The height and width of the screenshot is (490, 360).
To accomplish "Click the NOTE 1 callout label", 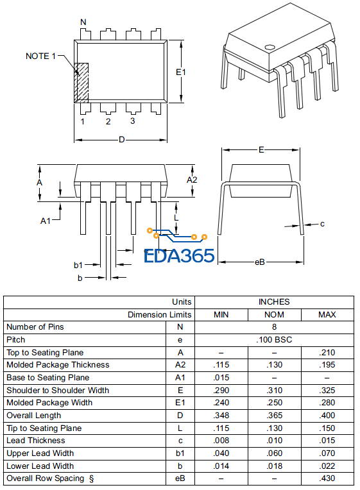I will pyautogui.click(x=40, y=56).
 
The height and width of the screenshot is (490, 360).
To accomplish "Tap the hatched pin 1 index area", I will pyautogui.click(x=81, y=83).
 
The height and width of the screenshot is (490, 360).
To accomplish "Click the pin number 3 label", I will pyautogui.click(x=133, y=121).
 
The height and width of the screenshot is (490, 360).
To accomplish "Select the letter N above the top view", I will pyautogui.click(x=83, y=22).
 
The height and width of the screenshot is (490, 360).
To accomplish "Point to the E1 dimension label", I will pyautogui.click(x=181, y=72).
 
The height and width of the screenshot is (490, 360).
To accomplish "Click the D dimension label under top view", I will pyautogui.click(x=121, y=140).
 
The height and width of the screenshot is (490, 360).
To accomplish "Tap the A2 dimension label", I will pyautogui.click(x=192, y=180).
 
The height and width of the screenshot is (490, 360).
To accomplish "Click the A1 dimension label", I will pyautogui.click(x=46, y=221).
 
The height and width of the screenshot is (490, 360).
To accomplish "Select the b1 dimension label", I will pyautogui.click(x=78, y=264).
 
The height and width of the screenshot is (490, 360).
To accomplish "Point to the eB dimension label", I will pyautogui.click(x=260, y=262).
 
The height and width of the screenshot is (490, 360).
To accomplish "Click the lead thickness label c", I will pyautogui.click(x=322, y=224).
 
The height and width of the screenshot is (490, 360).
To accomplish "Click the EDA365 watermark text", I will pyautogui.click(x=179, y=255).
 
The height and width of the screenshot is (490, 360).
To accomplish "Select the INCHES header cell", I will pyautogui.click(x=274, y=301).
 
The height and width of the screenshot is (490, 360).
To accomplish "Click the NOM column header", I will pyautogui.click(x=274, y=314).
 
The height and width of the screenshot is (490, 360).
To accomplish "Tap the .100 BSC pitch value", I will pyautogui.click(x=274, y=339).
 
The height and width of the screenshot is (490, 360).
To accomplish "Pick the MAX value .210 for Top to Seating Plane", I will pyautogui.click(x=327, y=352).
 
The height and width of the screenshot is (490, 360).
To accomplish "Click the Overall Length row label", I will pyautogui.click(x=34, y=416).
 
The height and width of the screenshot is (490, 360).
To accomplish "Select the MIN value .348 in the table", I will pyautogui.click(x=221, y=416).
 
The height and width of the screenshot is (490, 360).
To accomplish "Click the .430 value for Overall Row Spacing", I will pyautogui.click(x=327, y=478).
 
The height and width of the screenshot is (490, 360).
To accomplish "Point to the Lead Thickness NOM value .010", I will pyautogui.click(x=274, y=441).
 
